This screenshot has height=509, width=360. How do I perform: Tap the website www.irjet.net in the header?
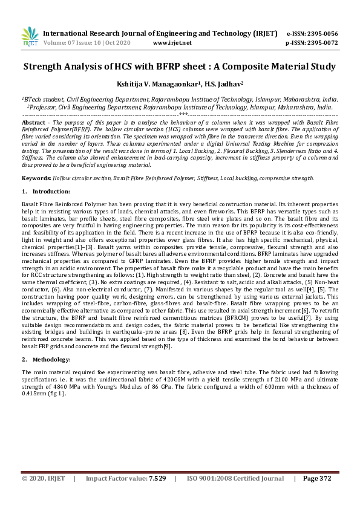point(172,44)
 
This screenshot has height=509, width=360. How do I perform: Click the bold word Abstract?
point(34,123)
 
